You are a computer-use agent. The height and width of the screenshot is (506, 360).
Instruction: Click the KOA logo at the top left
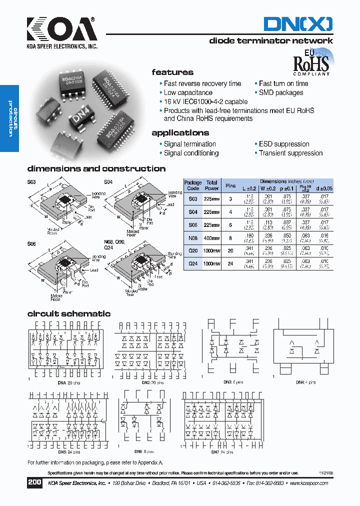tap(62, 32)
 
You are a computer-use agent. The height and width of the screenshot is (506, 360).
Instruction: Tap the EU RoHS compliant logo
tap(311, 62)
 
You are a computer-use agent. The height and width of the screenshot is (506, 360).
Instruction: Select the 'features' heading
tap(172, 72)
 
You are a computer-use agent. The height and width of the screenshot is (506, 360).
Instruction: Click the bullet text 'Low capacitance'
tap(188, 92)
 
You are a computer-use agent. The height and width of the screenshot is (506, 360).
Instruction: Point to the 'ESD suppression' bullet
tap(284, 144)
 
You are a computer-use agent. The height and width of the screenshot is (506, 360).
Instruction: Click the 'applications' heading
tap(180, 133)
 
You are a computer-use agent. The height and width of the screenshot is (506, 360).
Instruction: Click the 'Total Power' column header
tap(212, 185)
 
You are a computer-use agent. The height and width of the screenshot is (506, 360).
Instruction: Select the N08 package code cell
tap(193, 237)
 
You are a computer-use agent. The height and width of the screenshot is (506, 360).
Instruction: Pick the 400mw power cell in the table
tap(212, 237)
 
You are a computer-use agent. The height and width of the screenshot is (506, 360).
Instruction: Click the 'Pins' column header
tap(230, 185)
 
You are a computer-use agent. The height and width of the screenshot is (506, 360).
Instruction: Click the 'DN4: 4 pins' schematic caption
tap(305, 382)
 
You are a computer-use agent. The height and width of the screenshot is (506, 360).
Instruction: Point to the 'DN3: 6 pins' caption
tap(233, 382)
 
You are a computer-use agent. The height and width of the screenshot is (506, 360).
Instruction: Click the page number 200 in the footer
tap(34, 482)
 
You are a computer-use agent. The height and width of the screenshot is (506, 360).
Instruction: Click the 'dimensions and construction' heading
tap(96, 169)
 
